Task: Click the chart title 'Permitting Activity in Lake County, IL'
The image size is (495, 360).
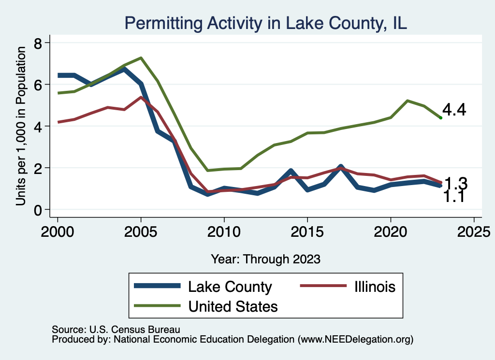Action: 265,23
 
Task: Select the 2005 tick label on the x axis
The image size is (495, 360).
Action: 141,230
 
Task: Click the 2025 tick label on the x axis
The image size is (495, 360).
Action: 474,230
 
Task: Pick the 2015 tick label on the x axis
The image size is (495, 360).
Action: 307,230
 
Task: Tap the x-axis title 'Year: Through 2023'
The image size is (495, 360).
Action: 265,259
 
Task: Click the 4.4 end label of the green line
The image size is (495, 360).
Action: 454,110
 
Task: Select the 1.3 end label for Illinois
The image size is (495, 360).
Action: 456,184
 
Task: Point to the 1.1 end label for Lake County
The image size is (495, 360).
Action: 454,197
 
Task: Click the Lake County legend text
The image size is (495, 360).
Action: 230,287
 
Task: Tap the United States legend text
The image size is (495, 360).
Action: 233,306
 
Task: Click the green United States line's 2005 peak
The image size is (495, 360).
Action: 141,58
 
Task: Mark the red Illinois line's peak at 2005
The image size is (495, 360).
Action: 141,97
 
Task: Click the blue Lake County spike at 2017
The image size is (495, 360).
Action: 341,167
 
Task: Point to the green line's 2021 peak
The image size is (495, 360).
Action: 408,101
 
